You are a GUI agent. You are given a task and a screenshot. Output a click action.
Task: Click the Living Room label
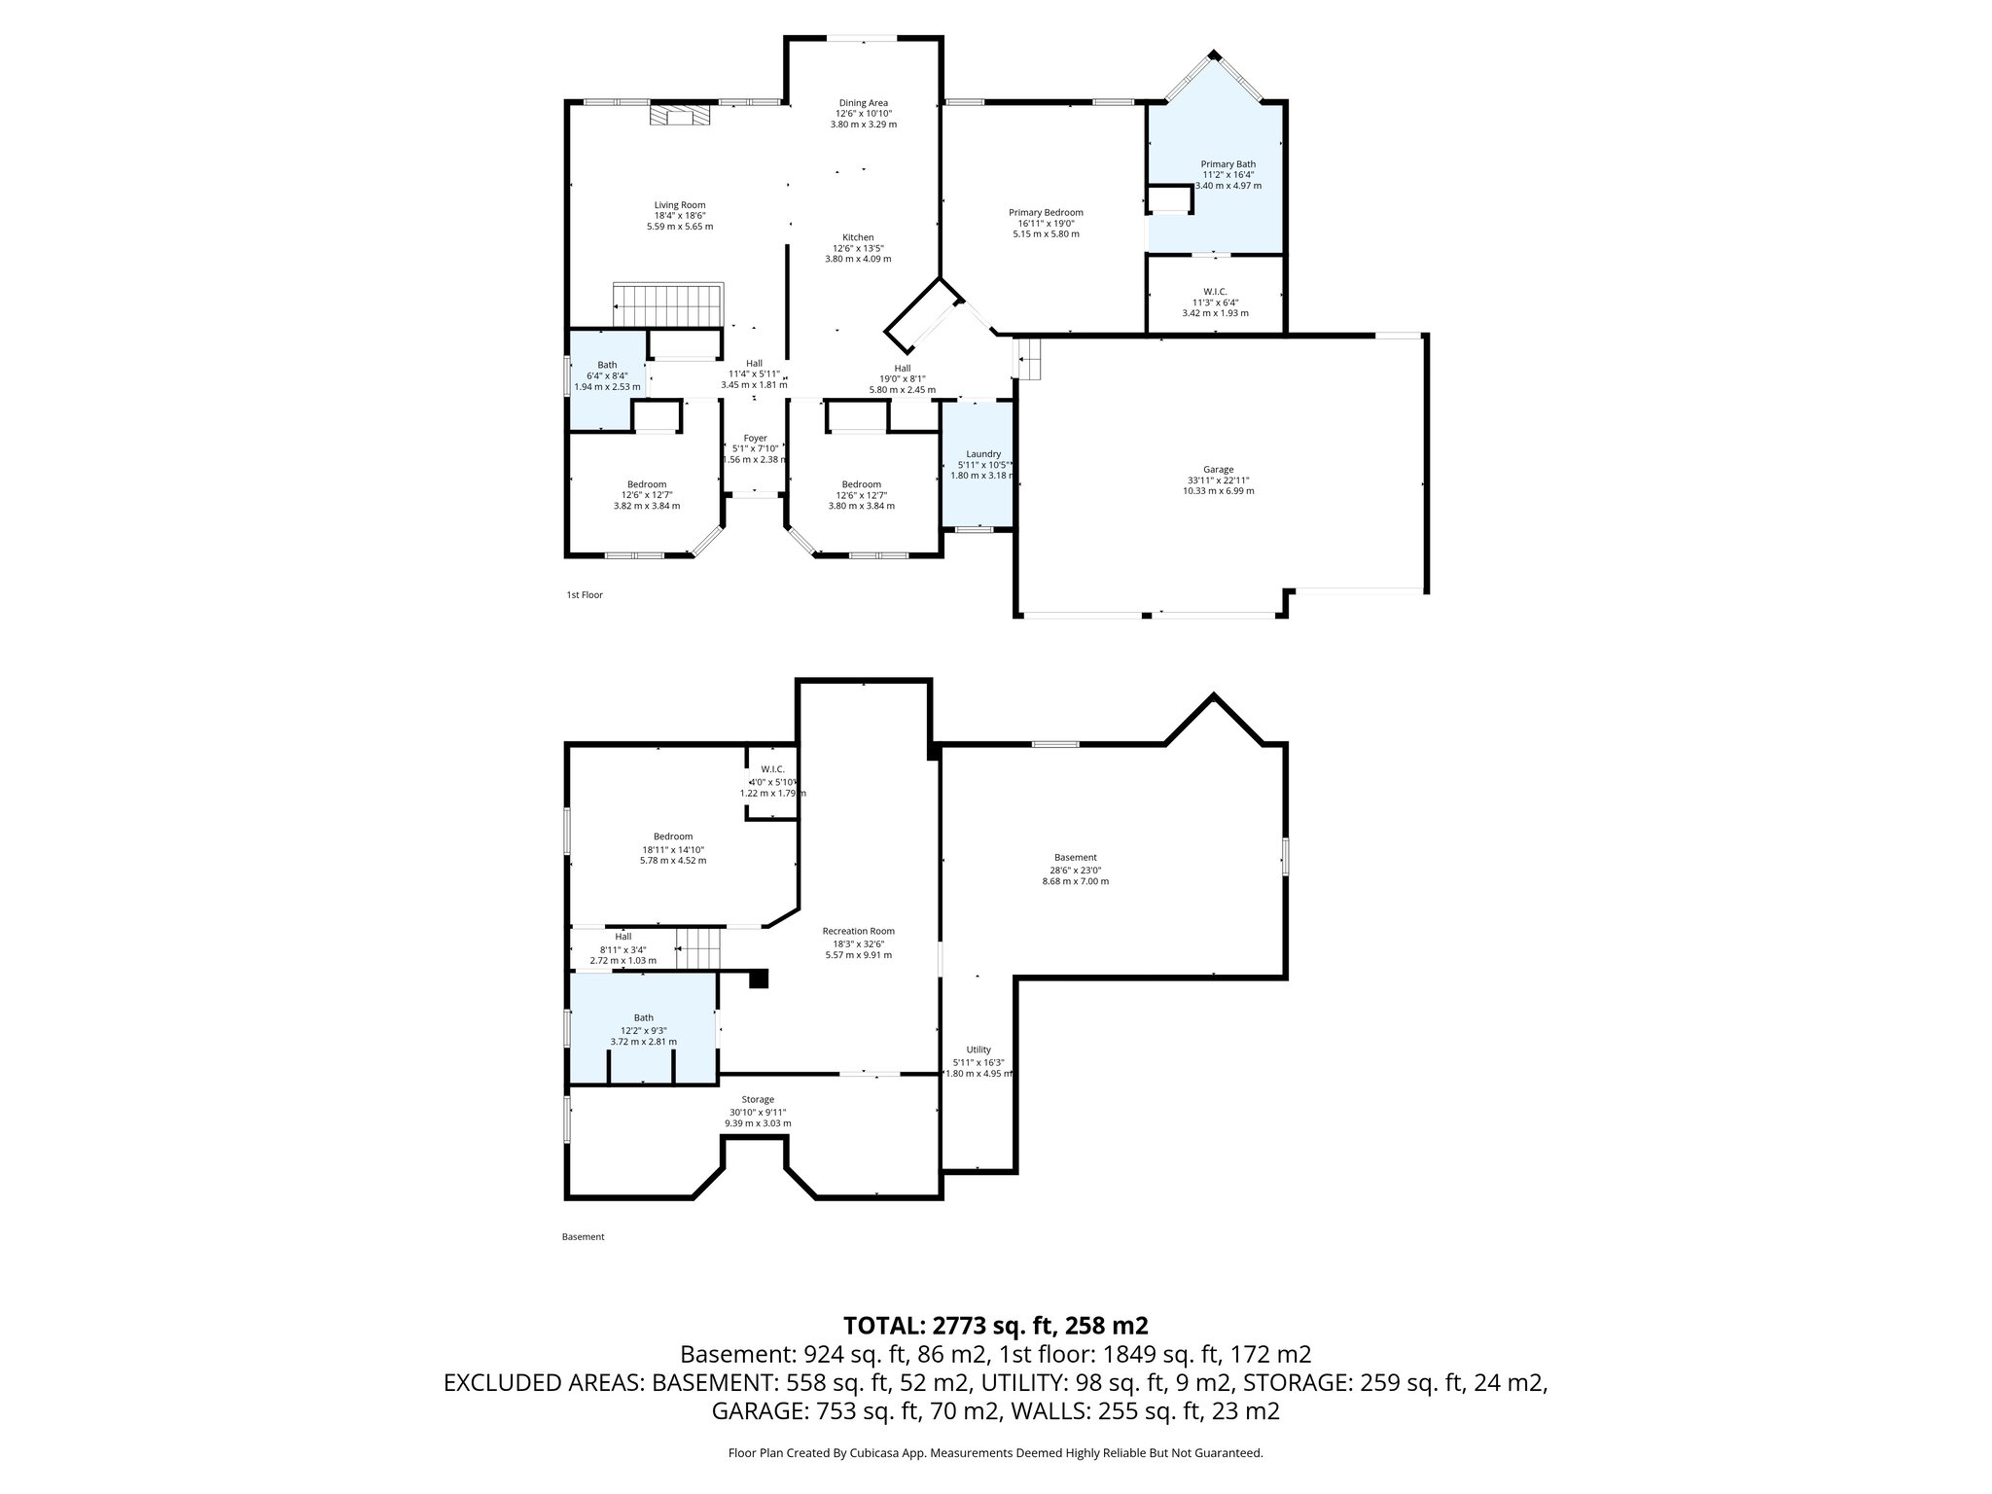679,205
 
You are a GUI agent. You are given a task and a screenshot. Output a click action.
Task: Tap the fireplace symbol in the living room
681,116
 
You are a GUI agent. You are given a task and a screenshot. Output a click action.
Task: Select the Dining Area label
863,103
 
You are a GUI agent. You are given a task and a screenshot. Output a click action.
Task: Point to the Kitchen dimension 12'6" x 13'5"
858,248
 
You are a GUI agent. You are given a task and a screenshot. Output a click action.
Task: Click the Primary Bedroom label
1045,212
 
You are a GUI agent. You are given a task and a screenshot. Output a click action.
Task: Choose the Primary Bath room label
1227,164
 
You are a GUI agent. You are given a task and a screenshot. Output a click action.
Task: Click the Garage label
1218,469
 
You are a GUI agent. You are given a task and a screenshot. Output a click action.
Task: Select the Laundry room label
983,454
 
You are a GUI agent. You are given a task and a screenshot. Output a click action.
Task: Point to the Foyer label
755,439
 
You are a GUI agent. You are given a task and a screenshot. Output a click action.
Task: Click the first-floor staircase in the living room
669,304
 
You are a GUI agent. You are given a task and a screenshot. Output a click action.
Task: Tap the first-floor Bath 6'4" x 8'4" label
607,365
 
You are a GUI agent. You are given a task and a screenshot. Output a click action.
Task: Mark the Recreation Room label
858,931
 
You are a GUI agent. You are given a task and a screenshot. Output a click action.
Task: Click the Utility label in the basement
978,1049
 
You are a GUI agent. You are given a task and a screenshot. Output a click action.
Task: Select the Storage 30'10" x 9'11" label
758,1100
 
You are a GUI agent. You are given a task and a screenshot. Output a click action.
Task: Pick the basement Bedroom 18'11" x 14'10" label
672,836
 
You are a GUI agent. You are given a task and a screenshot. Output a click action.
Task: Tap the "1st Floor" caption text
585,594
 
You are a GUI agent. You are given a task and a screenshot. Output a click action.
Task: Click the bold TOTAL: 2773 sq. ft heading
995,1325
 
